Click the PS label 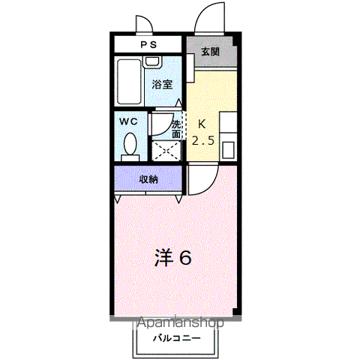tap(148, 45)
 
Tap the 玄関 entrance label tap(210, 52)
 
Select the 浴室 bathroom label tap(163, 84)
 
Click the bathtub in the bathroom tap(129, 82)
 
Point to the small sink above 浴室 tap(152, 61)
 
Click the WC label tap(128, 121)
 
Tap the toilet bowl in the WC tap(130, 144)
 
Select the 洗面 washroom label tap(176, 129)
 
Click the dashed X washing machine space tap(166, 151)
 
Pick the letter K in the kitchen tap(202, 124)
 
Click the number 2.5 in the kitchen tap(203, 141)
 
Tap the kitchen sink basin tap(228, 150)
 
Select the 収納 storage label tap(148, 179)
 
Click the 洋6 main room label tap(173, 257)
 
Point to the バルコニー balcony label tap(177, 338)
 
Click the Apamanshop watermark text tap(180, 322)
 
